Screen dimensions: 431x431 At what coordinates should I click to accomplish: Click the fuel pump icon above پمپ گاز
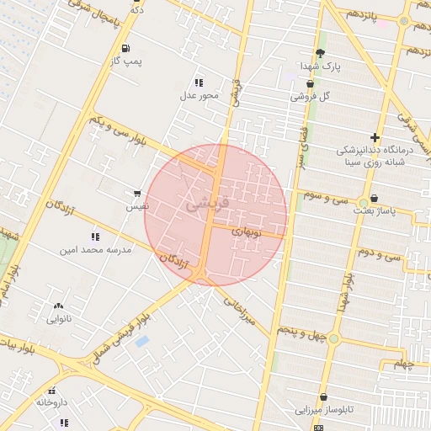pos(125,49)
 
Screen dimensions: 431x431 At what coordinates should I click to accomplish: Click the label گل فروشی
pos(310,96)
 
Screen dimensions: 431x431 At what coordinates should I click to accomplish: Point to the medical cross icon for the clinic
pos(375,137)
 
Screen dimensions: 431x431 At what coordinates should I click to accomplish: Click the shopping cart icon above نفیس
pos(137,194)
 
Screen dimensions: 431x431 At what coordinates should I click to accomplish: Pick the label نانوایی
pos(58,318)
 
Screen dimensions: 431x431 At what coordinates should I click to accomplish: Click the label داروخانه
pos(52,402)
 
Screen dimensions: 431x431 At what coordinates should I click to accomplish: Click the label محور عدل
pos(200,95)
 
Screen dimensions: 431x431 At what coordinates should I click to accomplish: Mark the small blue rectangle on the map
pos(141,341)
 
